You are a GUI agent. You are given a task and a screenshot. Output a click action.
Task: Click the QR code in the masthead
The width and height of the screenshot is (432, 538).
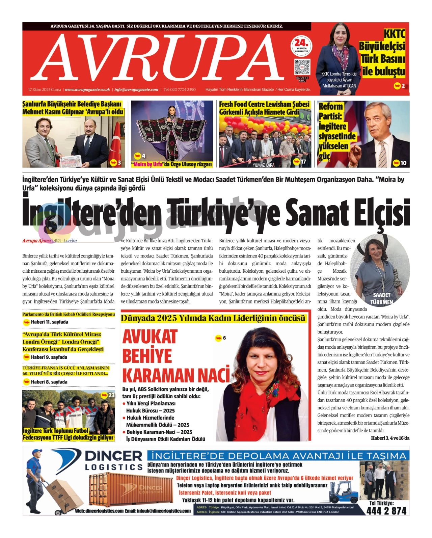302,67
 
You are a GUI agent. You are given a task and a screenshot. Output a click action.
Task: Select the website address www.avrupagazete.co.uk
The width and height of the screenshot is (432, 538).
87,90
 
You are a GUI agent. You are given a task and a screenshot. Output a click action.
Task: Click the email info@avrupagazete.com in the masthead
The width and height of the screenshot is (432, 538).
136,90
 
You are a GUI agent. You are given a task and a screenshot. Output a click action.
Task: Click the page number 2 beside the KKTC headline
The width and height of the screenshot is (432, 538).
403,86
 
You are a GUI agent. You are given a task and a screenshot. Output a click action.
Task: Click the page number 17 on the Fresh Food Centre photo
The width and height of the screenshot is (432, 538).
303,162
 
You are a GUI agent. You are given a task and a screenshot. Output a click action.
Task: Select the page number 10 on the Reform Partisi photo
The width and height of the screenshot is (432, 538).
403,163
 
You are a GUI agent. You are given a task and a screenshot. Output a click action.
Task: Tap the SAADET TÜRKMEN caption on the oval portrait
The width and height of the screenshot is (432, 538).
381,299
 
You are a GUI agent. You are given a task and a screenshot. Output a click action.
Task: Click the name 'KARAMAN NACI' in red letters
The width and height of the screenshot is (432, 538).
176,375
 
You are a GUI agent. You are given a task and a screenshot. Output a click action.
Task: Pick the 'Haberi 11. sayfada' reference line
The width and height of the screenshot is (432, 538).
49,322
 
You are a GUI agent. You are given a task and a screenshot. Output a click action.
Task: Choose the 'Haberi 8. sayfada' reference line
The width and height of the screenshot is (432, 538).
49,382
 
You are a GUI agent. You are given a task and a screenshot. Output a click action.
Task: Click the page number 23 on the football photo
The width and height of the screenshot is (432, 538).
111,395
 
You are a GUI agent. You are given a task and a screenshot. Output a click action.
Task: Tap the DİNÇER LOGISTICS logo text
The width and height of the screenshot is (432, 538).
113,460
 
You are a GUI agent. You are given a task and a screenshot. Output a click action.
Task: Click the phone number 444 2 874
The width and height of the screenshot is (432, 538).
386,511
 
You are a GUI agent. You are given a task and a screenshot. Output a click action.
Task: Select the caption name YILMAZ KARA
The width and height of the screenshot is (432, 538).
263,165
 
